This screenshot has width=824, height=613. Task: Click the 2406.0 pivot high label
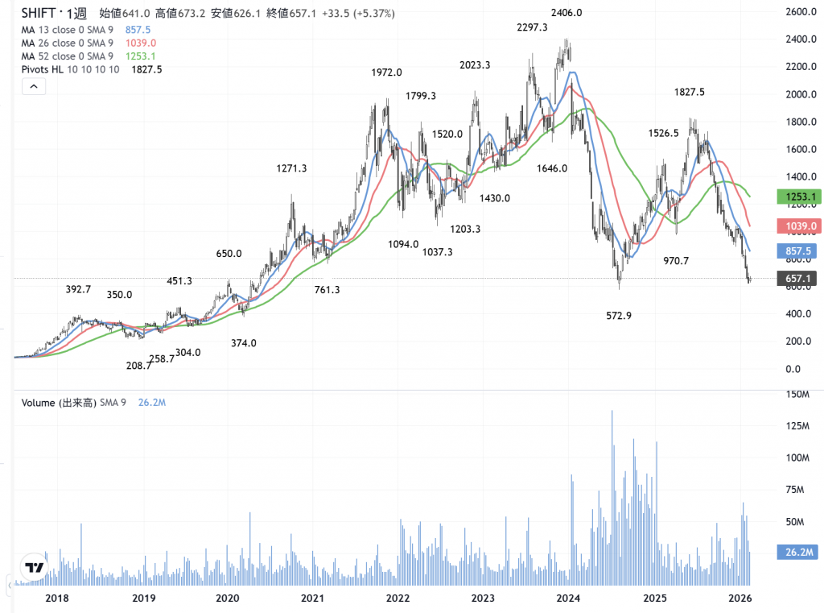pos(566,13)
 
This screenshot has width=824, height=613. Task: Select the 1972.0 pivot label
pos(386,72)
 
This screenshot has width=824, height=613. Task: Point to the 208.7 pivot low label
pos(139,365)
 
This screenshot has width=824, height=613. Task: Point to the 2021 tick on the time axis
pos(312,599)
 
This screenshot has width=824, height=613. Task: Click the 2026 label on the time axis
pos(740,599)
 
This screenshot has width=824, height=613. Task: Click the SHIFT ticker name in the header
pos(39,13)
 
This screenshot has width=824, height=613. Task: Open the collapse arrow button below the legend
pos(34,87)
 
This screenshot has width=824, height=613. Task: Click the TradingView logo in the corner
pos(33,568)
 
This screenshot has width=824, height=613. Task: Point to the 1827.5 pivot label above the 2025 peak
pos(689,93)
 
